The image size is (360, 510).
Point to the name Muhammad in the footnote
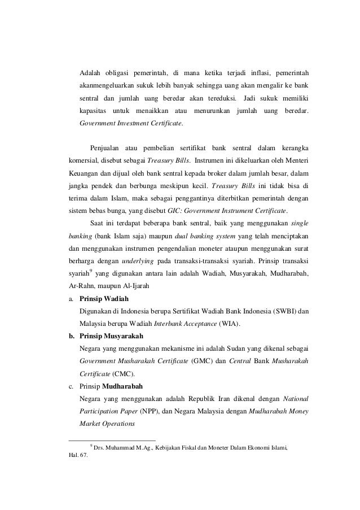tap(125, 448)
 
